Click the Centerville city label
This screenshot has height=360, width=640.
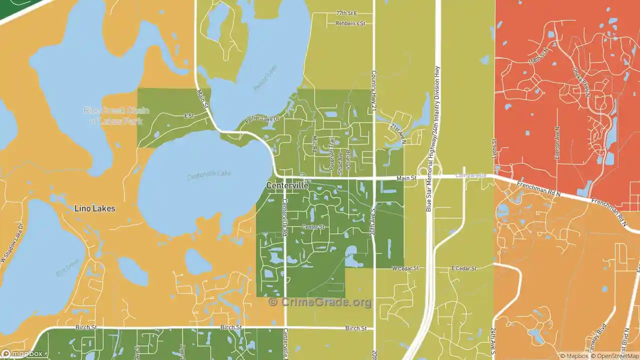click(x=287, y=185)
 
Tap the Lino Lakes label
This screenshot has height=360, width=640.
click(x=94, y=208)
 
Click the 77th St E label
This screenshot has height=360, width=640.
click(x=346, y=13)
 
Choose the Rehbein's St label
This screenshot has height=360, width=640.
click(x=350, y=23)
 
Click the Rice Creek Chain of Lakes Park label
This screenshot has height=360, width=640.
click(x=116, y=115)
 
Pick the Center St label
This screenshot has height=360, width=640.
click(x=313, y=227)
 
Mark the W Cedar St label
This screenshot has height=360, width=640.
click(x=404, y=268)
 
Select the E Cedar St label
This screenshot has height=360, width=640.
click(x=463, y=268)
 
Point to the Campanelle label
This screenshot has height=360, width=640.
click(x=470, y=176)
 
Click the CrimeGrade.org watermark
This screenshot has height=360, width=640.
click(x=320, y=302)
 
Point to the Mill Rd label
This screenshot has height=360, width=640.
click(x=314, y=144)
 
